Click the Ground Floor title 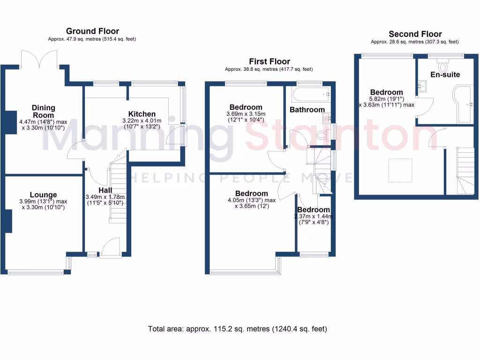(x=92, y=31)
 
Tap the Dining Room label (x=43, y=112)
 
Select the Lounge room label (x=43, y=195)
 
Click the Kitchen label (x=142, y=114)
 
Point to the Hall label (x=105, y=190)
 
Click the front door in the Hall (x=111, y=247)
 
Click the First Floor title (x=269, y=61)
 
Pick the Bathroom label (x=307, y=110)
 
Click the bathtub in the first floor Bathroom (x=310, y=95)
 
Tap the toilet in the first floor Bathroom (x=322, y=135)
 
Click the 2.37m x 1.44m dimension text (x=313, y=217)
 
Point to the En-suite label (x=445, y=75)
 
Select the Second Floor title (x=415, y=34)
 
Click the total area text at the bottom (x=238, y=329)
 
